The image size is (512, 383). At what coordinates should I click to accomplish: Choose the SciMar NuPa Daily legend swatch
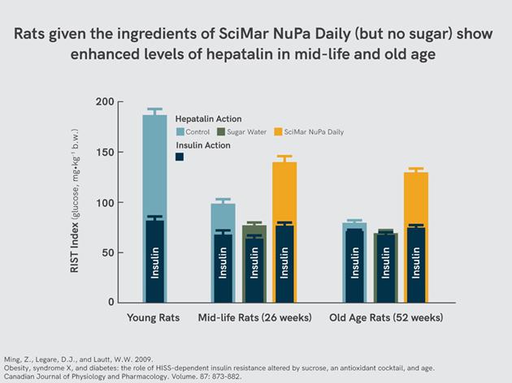tap(279, 131)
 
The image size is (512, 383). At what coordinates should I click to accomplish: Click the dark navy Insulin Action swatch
tap(180, 157)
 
